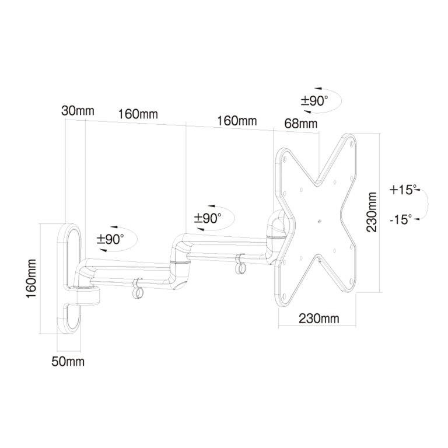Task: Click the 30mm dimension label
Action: [x=78, y=111]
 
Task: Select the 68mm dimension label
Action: [x=301, y=124]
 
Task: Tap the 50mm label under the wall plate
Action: [x=68, y=362]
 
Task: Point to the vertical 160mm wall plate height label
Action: [x=31, y=278]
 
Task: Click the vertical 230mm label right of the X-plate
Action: [x=372, y=212]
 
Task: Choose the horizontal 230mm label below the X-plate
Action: [x=319, y=318]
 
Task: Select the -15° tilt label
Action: [x=401, y=219]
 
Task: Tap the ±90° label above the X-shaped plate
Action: [x=314, y=101]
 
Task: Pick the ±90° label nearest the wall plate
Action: [x=110, y=239]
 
